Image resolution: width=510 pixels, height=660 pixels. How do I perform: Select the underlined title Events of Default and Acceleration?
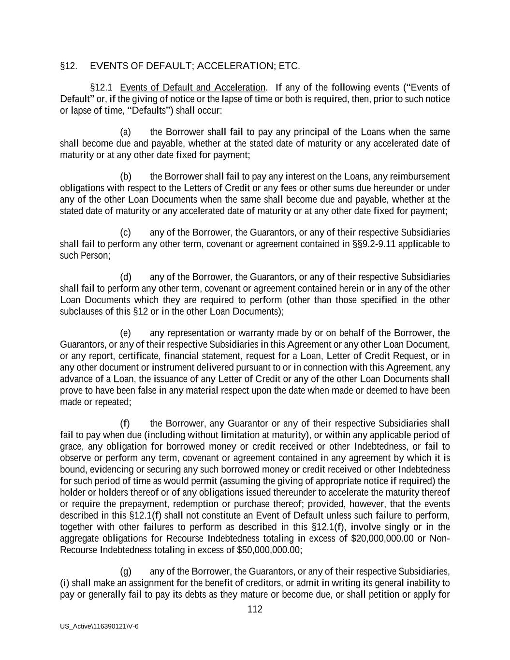point(192,88)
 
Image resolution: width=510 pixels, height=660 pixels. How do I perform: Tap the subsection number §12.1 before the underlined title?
point(101,88)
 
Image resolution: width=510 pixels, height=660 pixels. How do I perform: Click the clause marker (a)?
point(125,132)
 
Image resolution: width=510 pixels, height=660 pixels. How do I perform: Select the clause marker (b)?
point(125,176)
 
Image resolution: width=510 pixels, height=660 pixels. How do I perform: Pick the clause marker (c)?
point(125,233)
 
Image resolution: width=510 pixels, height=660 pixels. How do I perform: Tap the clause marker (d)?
point(125,277)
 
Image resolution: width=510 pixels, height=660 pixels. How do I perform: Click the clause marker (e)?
point(125,333)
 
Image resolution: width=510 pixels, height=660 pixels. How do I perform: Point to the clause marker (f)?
point(125,424)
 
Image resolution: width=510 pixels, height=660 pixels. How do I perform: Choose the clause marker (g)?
point(125,572)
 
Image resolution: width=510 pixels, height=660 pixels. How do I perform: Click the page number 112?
point(255,609)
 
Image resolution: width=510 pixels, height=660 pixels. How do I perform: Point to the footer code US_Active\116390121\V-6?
point(99,626)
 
